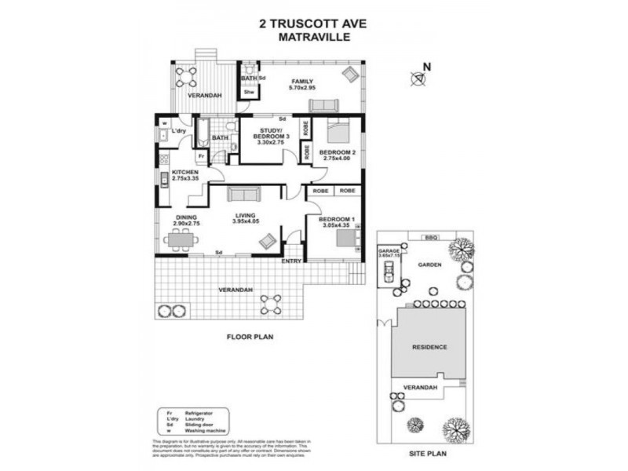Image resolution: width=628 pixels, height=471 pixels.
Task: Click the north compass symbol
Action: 419,77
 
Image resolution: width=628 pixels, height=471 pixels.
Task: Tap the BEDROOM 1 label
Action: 335,220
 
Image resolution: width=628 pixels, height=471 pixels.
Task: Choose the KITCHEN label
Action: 175,174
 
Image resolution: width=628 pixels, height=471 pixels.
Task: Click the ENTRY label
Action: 291,261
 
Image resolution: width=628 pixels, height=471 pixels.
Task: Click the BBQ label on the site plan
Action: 429,237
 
